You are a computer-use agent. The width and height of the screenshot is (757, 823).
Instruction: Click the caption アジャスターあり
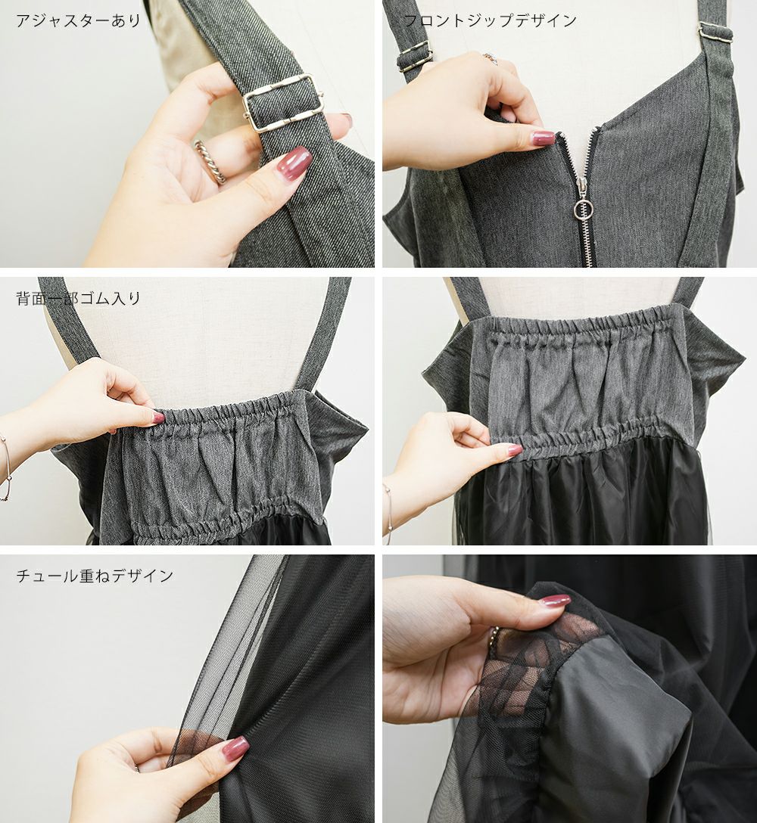pos(78,20)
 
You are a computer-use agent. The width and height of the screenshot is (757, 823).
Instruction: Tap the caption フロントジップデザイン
pos(490,20)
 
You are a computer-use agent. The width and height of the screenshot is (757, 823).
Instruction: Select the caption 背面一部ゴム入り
pos(78,299)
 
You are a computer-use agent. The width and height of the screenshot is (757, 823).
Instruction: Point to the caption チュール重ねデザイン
pos(95,576)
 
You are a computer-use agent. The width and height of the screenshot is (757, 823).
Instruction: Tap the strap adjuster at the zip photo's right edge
pos(715,33)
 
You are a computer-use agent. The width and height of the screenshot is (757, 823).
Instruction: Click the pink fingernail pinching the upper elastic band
pos(157,418)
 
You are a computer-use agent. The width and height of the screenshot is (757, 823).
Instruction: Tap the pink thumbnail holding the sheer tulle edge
pos(235,747)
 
